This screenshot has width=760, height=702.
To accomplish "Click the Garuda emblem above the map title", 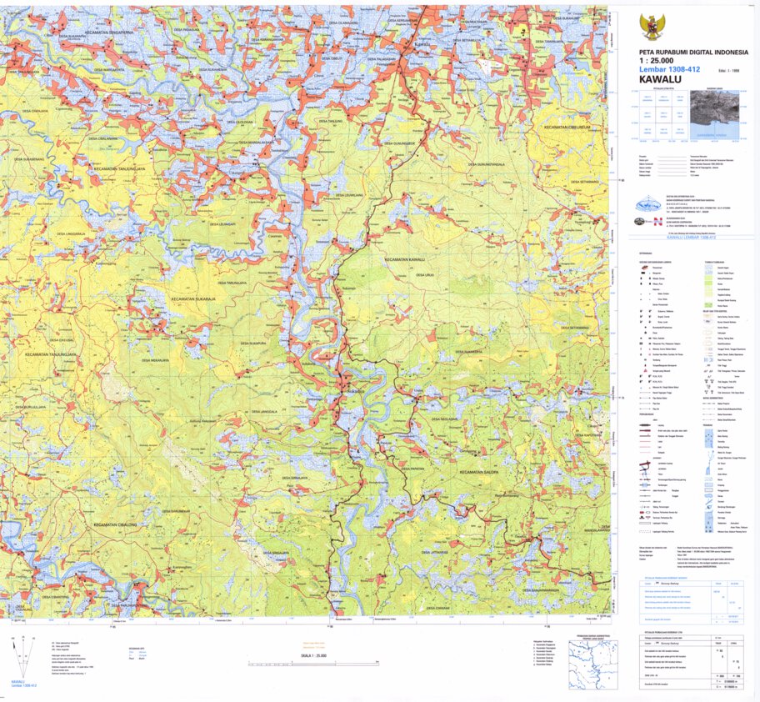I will [x=651, y=27].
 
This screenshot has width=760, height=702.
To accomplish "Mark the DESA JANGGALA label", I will [x=263, y=411].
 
